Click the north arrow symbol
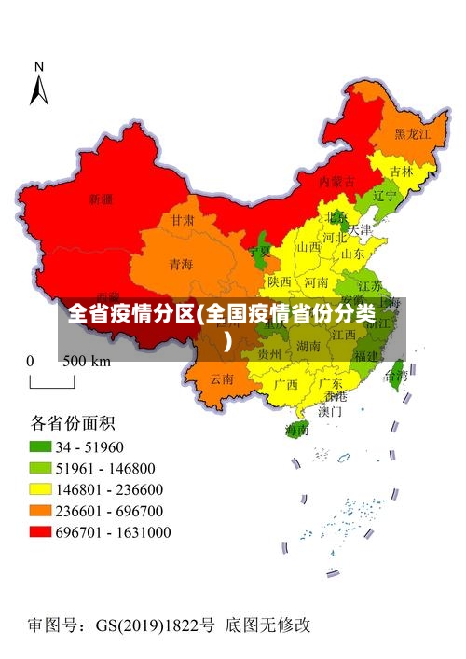tap(39, 84)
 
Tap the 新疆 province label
tap(101, 199)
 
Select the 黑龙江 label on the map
tap(412, 134)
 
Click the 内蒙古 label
tap(336, 181)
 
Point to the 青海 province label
tap(181, 265)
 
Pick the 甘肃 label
tap(183, 221)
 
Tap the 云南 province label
tap(222, 378)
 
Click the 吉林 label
tap(402, 172)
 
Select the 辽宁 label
tap(384, 197)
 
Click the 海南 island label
tap(296, 430)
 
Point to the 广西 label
tap(285, 384)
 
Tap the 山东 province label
tap(352, 253)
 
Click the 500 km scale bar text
tap(87, 362)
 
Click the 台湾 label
tap(395, 376)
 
